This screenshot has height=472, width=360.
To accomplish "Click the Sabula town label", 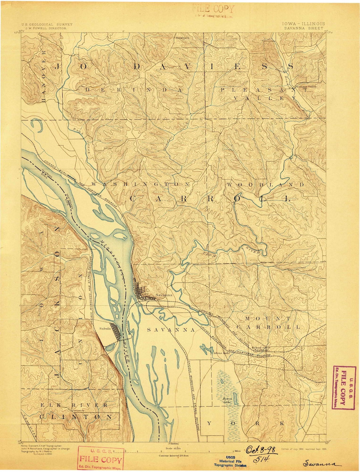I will coord(105,328).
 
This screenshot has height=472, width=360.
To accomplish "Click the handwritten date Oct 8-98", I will coord(262,451).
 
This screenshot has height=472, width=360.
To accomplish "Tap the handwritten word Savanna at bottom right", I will coord(321,464).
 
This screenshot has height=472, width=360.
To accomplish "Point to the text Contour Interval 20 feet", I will coord(174,455).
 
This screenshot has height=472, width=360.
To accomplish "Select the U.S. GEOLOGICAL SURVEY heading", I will coord(47,24).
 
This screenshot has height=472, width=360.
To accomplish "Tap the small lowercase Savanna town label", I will coord(164,295).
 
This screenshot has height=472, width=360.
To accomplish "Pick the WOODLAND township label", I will coord(265,184).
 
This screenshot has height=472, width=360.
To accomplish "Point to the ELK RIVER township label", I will coord(74,405).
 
